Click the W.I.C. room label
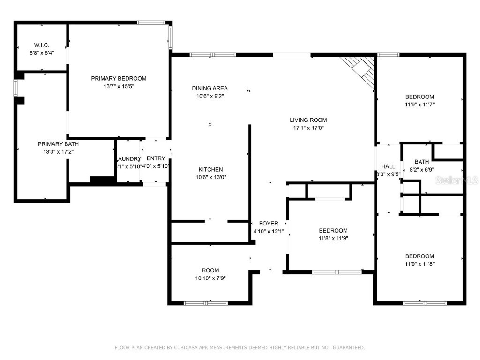coord(41,45)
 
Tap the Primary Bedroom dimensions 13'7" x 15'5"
coord(119,86)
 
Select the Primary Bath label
coord(55,144)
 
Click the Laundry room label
coord(128,158)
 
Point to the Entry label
coord(156,158)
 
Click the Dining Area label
coord(210,88)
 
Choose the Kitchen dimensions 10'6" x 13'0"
coord(210,177)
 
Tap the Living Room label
coord(308,120)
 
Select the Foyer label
coord(269,224)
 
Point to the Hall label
coord(388,166)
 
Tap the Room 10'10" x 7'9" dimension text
coord(210,278)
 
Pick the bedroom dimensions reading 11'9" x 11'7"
coord(420,105)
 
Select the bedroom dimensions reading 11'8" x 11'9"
coord(333,238)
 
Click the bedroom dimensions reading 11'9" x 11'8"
coord(420,264)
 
